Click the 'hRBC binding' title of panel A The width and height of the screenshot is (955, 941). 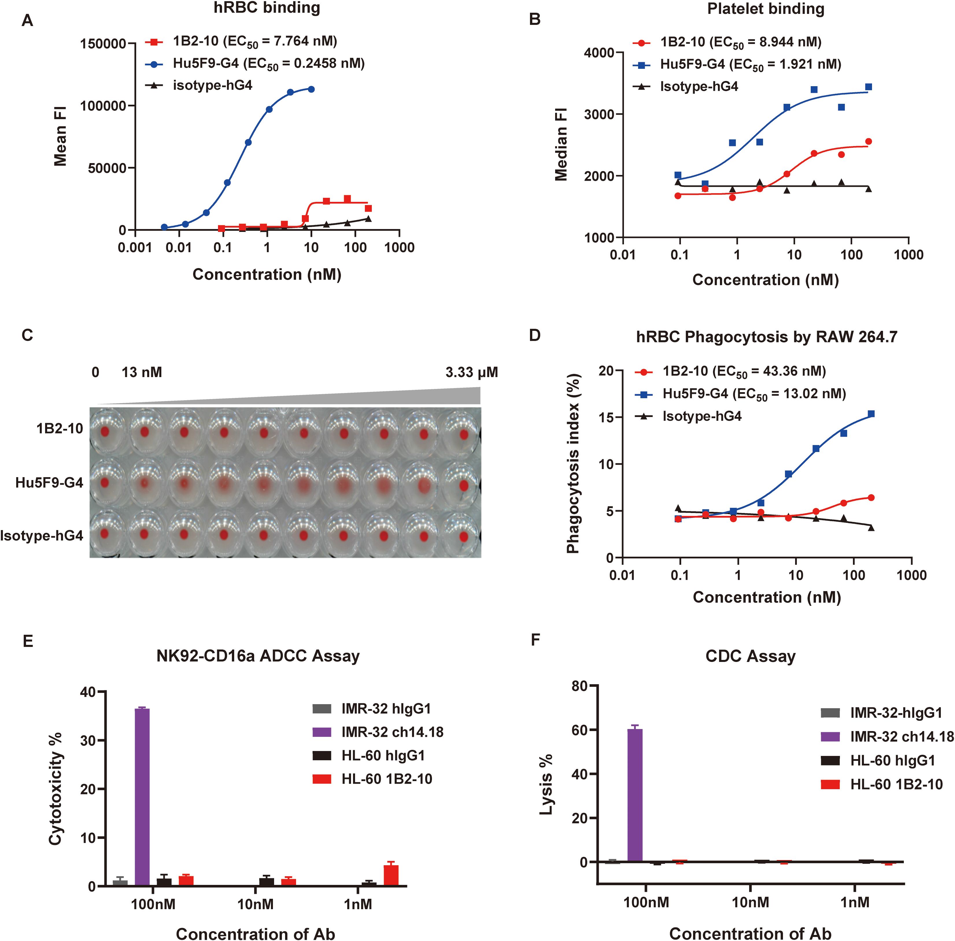tap(267, 8)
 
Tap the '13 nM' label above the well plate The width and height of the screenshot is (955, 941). tap(142, 372)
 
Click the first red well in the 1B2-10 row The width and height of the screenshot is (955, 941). tap(105, 431)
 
